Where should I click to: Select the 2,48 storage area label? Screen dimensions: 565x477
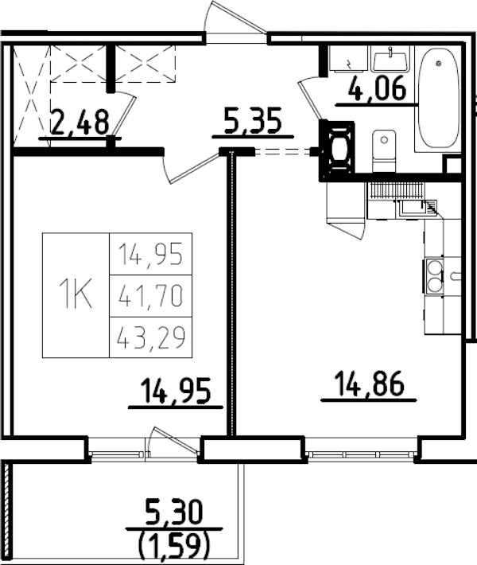(x=79, y=123)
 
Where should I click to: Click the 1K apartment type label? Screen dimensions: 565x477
(x=76, y=295)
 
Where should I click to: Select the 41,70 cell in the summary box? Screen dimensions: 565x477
(x=150, y=296)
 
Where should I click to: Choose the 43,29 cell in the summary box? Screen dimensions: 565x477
(x=150, y=338)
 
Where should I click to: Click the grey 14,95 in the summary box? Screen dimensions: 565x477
(x=150, y=255)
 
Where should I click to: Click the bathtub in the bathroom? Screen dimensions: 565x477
(x=437, y=99)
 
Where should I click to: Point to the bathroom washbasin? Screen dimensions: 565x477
(x=390, y=60)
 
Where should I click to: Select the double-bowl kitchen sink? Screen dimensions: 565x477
(x=435, y=275)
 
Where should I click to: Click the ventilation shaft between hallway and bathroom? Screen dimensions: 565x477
(x=338, y=149)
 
